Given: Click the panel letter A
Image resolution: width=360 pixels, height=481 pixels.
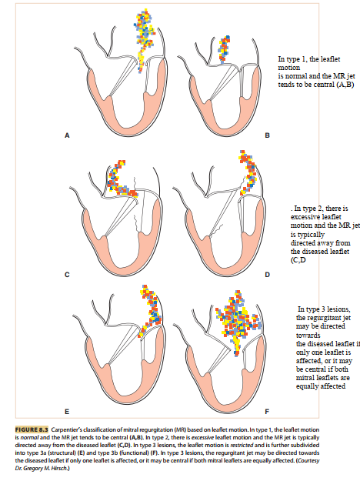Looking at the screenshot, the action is (67, 135).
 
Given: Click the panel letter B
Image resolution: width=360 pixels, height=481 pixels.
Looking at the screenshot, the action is (267, 135).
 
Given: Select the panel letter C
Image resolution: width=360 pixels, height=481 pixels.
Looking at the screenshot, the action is (67, 275).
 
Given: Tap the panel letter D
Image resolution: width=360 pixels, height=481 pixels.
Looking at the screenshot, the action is (267, 275).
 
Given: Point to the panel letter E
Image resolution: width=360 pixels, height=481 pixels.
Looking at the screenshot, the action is (67, 412).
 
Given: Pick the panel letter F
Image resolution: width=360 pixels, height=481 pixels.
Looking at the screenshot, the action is (267, 412).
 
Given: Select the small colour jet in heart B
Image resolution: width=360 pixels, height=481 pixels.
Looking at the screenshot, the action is (224, 49).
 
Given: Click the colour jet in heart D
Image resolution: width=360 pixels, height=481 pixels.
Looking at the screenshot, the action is (249, 172).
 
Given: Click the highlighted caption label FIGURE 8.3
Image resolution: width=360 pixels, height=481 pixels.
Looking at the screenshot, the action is (32, 429).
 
